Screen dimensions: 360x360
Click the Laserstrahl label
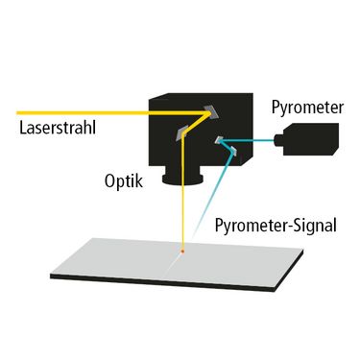click(58, 128)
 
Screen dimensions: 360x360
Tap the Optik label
click(124, 181)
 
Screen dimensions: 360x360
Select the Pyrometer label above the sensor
click(307, 108)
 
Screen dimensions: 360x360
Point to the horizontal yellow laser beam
click(112, 112)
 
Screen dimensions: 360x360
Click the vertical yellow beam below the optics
click(182, 192)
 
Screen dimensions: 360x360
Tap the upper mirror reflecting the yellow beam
click(210, 111)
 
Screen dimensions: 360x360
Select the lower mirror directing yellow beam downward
click(181, 134)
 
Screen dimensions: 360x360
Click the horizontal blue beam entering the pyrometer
click(248, 140)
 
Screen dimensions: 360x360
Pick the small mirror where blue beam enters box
click(219, 140)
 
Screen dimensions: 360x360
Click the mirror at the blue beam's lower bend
click(233, 152)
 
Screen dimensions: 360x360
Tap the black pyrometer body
click(310, 139)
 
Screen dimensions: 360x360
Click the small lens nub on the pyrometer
click(277, 140)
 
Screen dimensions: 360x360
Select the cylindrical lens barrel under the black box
click(182, 179)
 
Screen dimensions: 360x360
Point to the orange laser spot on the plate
click(182, 252)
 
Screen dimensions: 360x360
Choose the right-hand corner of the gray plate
click(302, 251)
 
